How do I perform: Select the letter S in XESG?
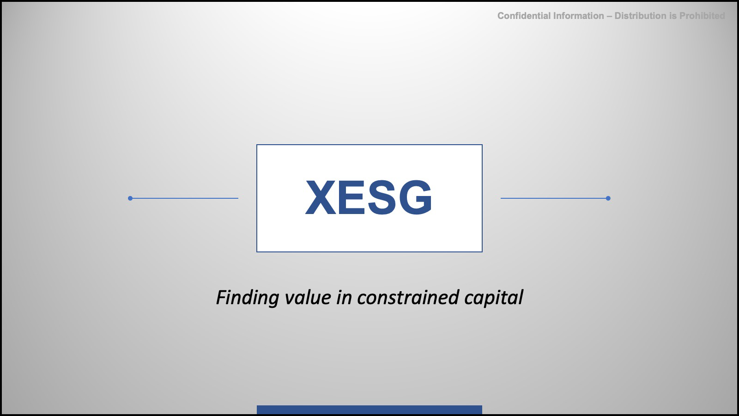click(382, 197)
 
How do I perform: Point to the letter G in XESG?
click(415, 197)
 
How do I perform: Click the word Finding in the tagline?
click(248, 298)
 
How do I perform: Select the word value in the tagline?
click(308, 297)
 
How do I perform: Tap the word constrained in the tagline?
click(408, 297)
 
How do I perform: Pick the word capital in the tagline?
click(494, 298)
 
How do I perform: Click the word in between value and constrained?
click(344, 297)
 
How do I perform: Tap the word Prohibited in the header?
click(702, 16)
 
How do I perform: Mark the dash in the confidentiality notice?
click(609, 16)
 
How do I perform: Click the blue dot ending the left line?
click(130, 198)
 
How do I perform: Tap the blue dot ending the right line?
click(608, 198)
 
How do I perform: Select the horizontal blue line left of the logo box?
click(184, 198)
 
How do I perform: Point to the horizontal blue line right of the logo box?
click(554, 198)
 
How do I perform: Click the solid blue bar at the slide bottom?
click(369, 410)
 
